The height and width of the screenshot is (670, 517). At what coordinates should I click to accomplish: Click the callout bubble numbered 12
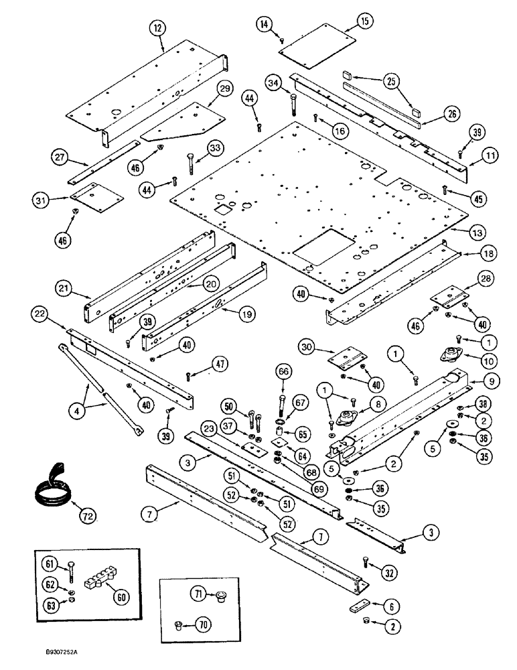point(158,29)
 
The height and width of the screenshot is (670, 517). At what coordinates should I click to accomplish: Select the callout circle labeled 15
point(364,22)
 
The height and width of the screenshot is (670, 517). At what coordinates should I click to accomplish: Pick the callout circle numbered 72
point(86,516)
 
